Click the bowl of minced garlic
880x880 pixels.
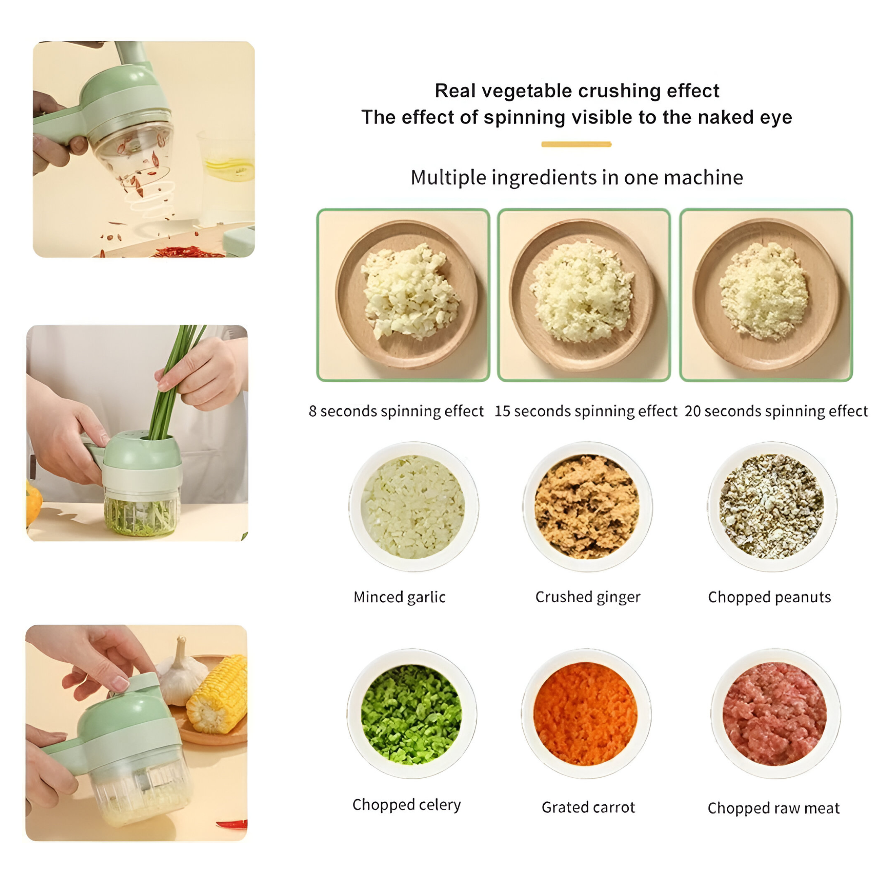tap(413, 506)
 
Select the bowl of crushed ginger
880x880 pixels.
tap(587, 506)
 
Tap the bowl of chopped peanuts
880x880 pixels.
tap(772, 506)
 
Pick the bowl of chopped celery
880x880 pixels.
tap(411, 714)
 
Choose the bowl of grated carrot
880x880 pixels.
tap(586, 714)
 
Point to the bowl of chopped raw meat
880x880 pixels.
tap(775, 714)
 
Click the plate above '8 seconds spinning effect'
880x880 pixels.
tap(406, 295)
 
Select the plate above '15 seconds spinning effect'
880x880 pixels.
tap(583, 295)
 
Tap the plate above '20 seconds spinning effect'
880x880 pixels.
tap(765, 295)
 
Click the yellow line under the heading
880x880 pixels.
tap(576, 144)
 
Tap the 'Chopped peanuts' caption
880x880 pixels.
tap(769, 597)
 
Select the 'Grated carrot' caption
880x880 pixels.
tap(588, 807)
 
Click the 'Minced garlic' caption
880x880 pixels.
tap(399, 597)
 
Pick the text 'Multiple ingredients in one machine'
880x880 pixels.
tap(576, 177)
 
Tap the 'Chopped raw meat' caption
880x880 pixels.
tap(773, 808)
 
